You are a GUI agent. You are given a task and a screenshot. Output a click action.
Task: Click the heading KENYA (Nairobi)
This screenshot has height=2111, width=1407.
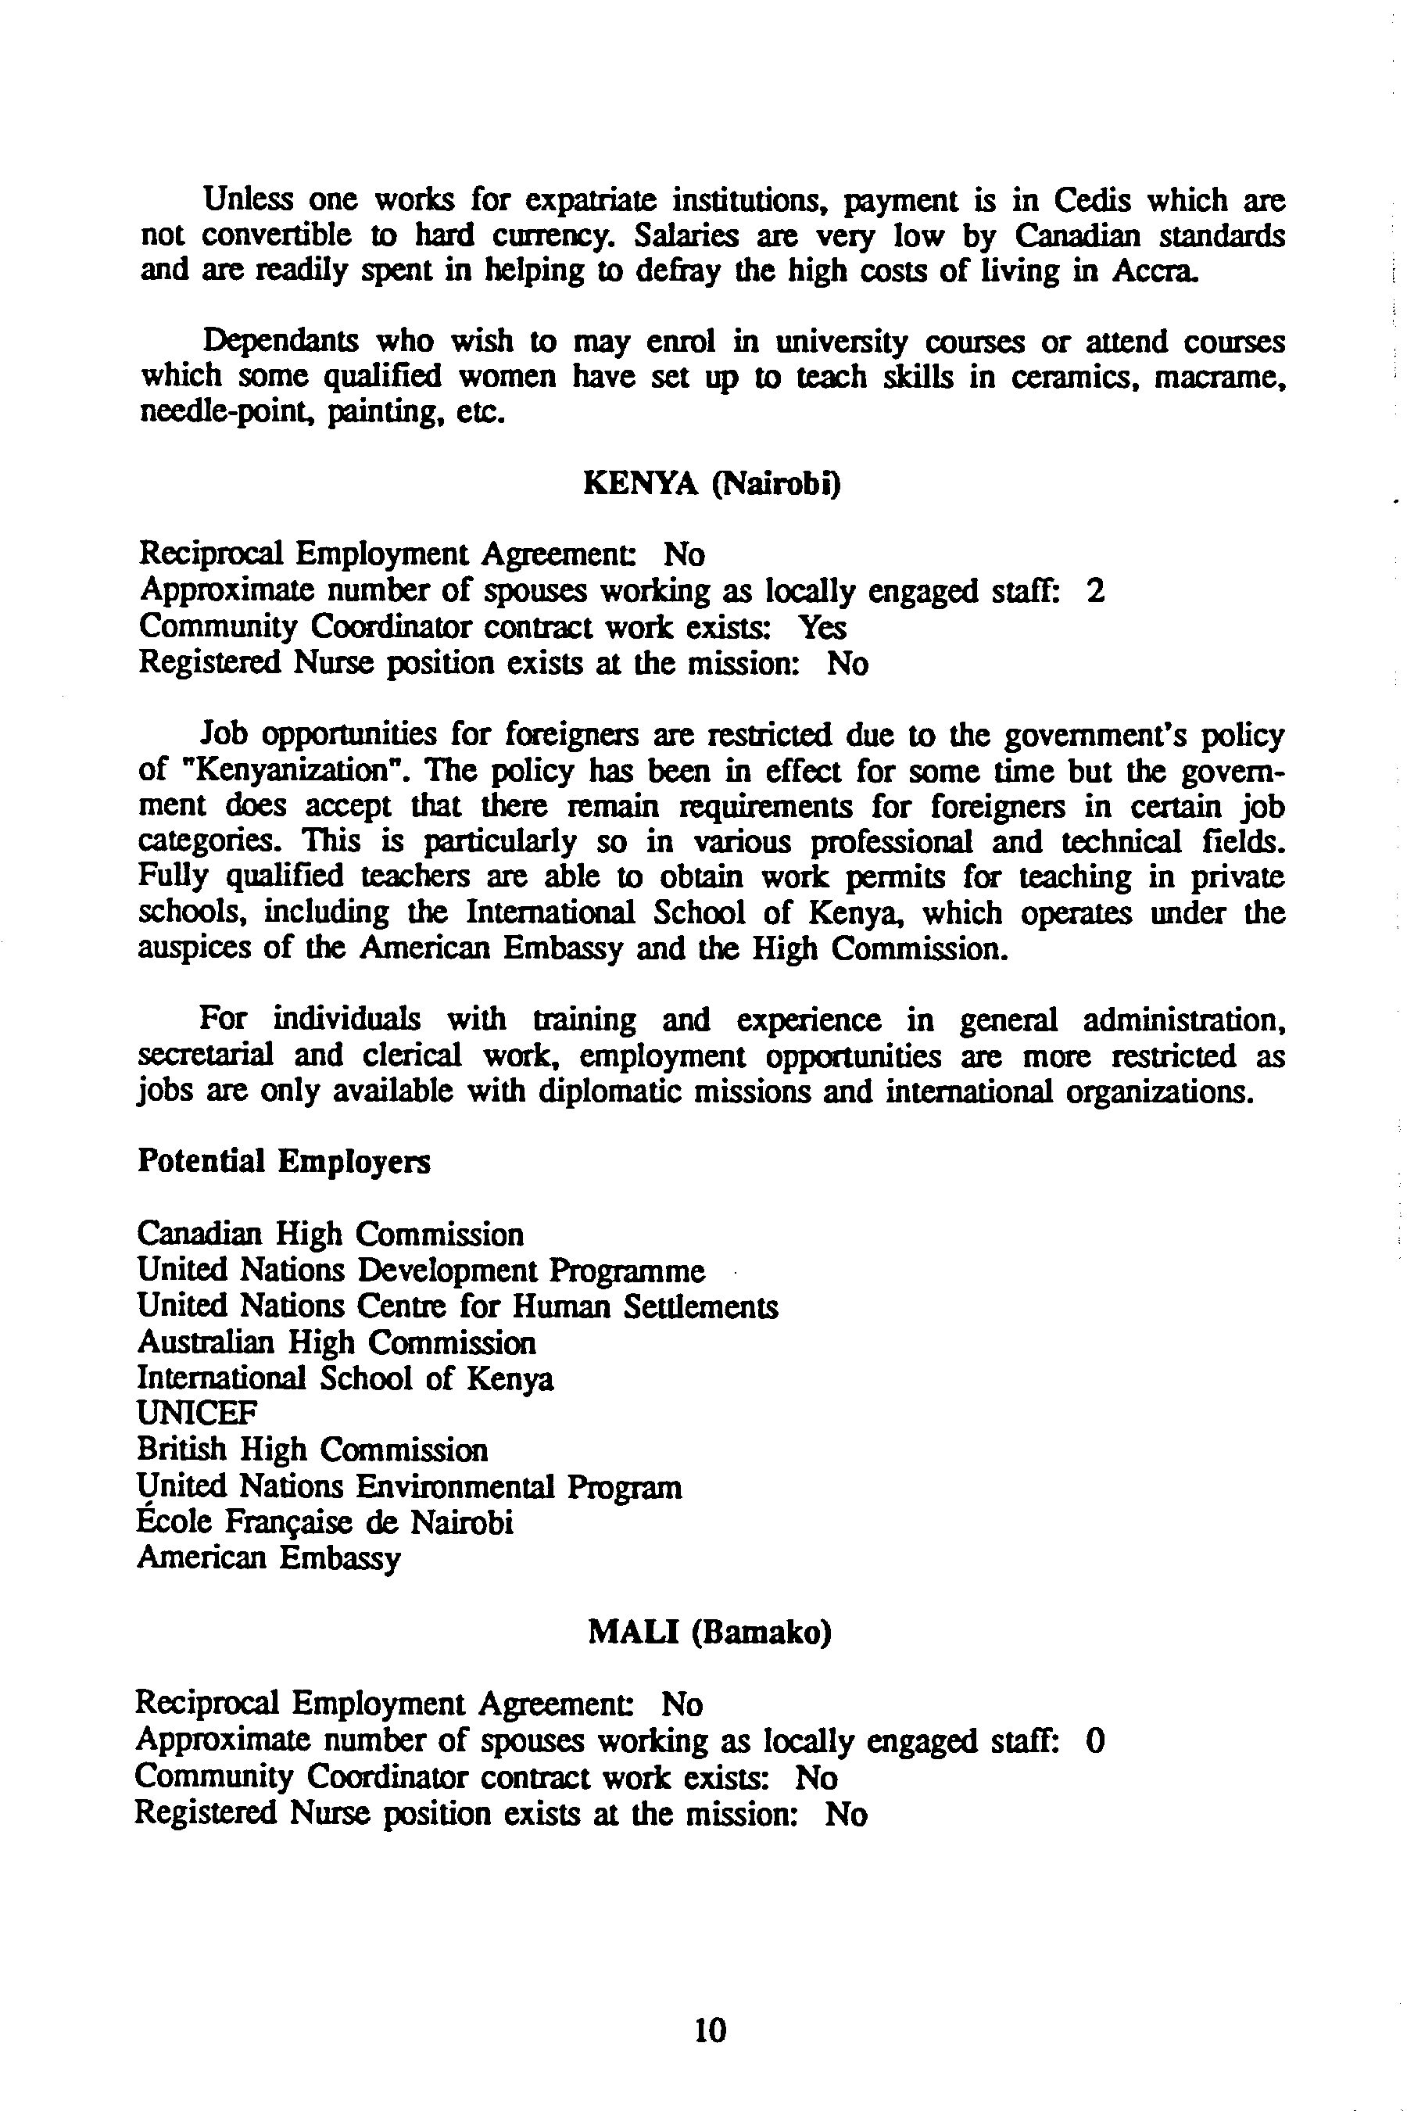coord(711,484)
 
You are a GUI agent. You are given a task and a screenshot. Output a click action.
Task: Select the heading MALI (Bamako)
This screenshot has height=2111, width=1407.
coord(709,1632)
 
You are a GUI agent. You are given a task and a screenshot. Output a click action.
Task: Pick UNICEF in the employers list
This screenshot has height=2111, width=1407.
coord(196,1414)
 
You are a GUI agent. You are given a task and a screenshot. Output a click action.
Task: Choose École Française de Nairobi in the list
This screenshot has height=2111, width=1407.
coord(325,1522)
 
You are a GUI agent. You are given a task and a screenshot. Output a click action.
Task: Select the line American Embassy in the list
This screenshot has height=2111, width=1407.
coord(268,1558)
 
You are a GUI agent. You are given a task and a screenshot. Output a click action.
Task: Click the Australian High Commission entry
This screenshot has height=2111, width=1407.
coord(336,1342)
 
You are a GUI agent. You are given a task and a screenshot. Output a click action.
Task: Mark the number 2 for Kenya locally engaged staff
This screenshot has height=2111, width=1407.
coord(1095,592)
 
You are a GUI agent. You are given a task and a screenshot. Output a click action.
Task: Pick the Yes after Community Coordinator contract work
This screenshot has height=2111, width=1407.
coord(822,627)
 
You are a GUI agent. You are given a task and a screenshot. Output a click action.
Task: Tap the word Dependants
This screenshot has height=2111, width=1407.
coord(280,342)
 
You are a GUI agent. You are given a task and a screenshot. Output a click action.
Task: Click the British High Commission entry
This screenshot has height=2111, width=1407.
coord(312,1450)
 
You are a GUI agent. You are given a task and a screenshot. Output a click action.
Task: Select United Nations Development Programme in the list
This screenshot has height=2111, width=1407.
coord(421,1271)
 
